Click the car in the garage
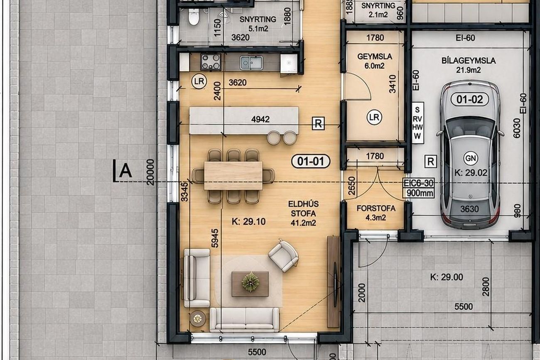pyautogui.click(x=470, y=154)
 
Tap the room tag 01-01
pyautogui.click(x=311, y=161)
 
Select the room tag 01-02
pyautogui.click(x=470, y=99)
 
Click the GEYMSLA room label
pyautogui.click(x=375, y=56)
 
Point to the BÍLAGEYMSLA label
pyautogui.click(x=469, y=61)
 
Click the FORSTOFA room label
pyautogui.click(x=376, y=208)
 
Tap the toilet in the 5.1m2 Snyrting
pyautogui.click(x=194, y=16)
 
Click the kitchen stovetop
pyautogui.click(x=211, y=62)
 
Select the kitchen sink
pyautogui.click(x=251, y=63)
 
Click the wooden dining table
pyautogui.click(x=233, y=175)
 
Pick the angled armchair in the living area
pyautogui.click(x=283, y=256)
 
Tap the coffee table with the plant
pyautogui.click(x=250, y=284)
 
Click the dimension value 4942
pyautogui.click(x=260, y=119)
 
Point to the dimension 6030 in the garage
pyautogui.click(x=517, y=128)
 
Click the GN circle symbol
pyautogui.click(x=471, y=158)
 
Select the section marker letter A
pyautogui.click(x=125, y=171)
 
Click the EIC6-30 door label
pyautogui.click(x=419, y=183)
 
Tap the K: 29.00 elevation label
pyautogui.click(x=447, y=277)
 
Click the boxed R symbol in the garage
pyautogui.click(x=431, y=162)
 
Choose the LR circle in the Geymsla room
pyautogui.click(x=374, y=118)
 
